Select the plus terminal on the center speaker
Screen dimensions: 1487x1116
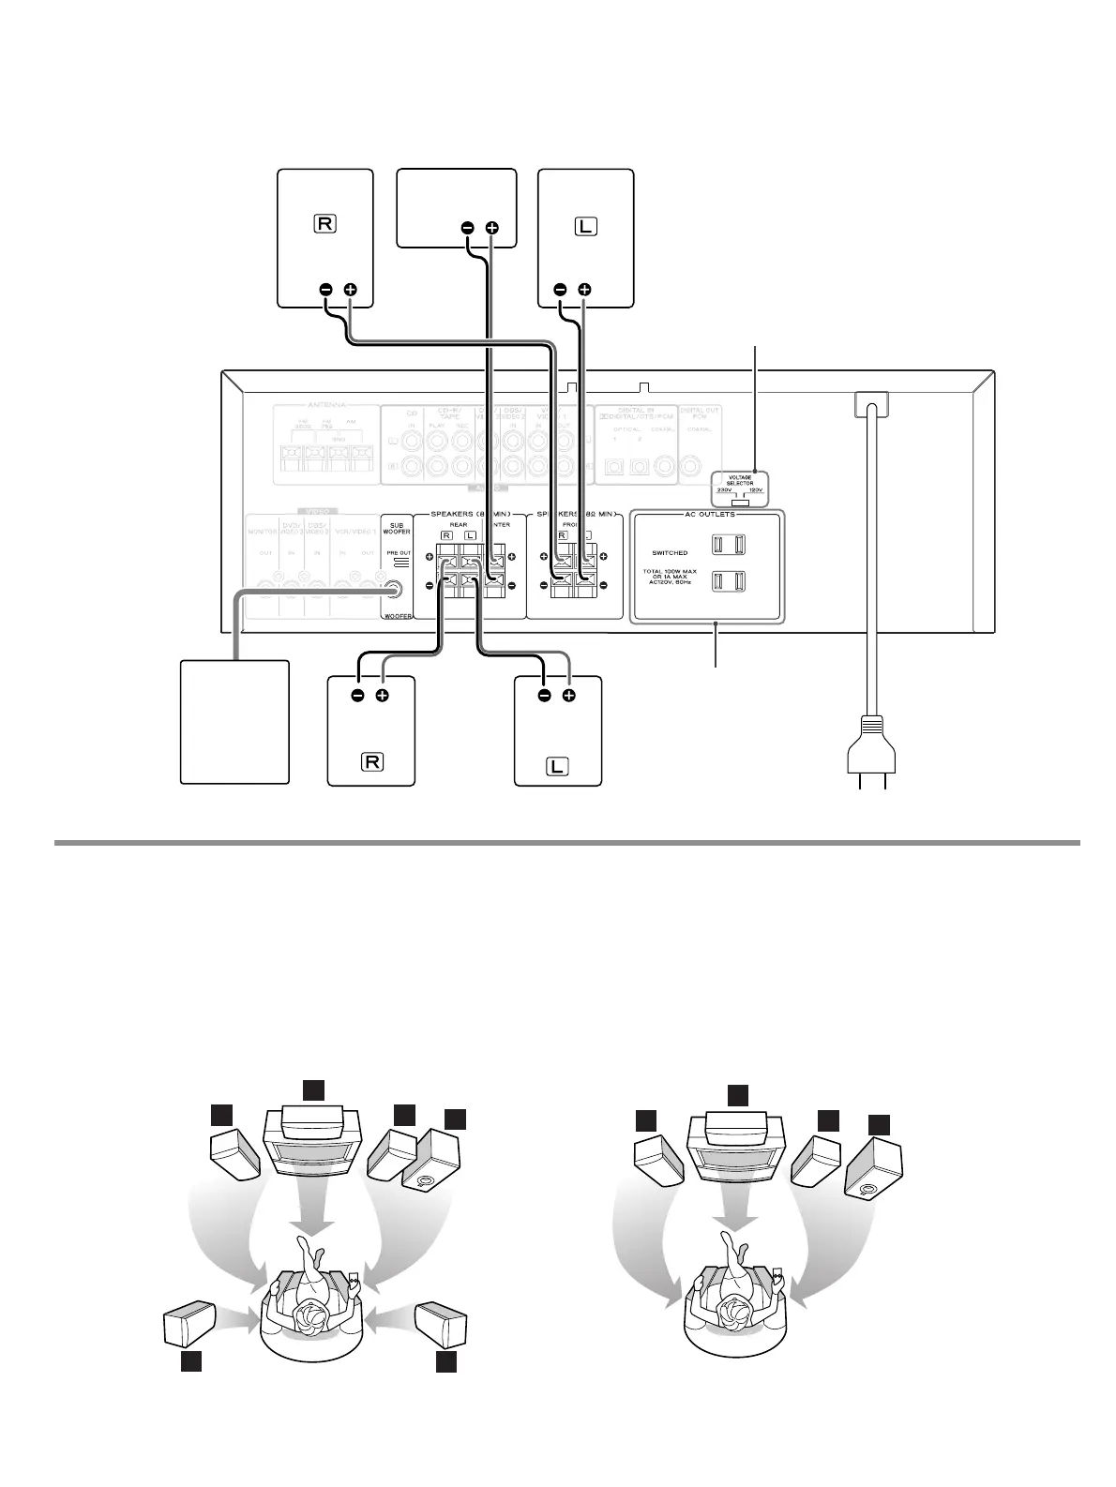tap(492, 228)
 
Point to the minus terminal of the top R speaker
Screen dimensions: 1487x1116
tap(325, 290)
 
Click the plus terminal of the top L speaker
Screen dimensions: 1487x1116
tap(584, 290)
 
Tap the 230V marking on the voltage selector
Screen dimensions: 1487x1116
tap(722, 490)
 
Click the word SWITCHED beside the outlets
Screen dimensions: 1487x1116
tap(670, 553)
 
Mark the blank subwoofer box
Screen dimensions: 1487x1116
tap(234, 721)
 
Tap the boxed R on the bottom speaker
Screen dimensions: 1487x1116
tap(371, 760)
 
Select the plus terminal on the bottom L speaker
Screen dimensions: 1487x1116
tap(568, 697)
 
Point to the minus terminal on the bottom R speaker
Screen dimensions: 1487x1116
tap(357, 697)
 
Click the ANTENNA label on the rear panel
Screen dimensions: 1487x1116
tap(321, 405)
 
